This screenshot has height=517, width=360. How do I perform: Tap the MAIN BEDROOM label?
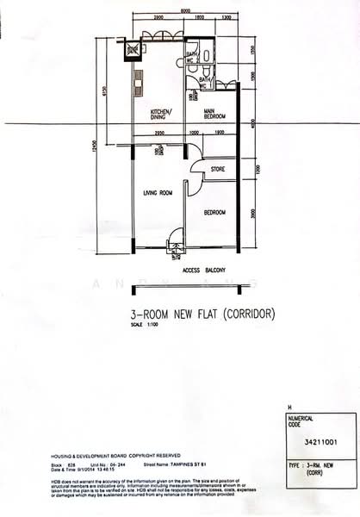coord(214,115)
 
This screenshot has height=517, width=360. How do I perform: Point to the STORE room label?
coord(219,170)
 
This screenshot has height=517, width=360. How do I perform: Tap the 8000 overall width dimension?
coord(186,9)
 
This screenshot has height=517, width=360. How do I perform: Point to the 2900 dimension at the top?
coord(158,17)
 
